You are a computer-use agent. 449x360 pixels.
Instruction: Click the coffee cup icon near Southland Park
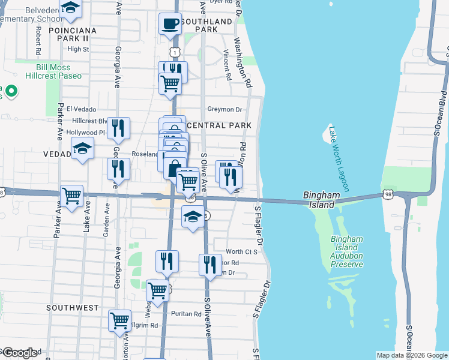click(170, 25)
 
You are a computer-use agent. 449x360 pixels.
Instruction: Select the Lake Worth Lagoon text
click(337, 155)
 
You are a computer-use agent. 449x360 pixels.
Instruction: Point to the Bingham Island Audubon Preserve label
click(347, 251)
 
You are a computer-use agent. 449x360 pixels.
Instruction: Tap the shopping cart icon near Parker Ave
click(71, 196)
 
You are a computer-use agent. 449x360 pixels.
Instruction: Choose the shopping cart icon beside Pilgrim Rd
click(119, 320)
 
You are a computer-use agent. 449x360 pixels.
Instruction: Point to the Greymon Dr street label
click(224, 110)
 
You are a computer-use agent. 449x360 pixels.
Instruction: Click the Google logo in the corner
click(20, 353)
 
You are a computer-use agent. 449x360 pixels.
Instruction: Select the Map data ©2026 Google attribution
click(411, 355)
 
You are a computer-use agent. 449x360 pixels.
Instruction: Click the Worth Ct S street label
click(241, 251)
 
